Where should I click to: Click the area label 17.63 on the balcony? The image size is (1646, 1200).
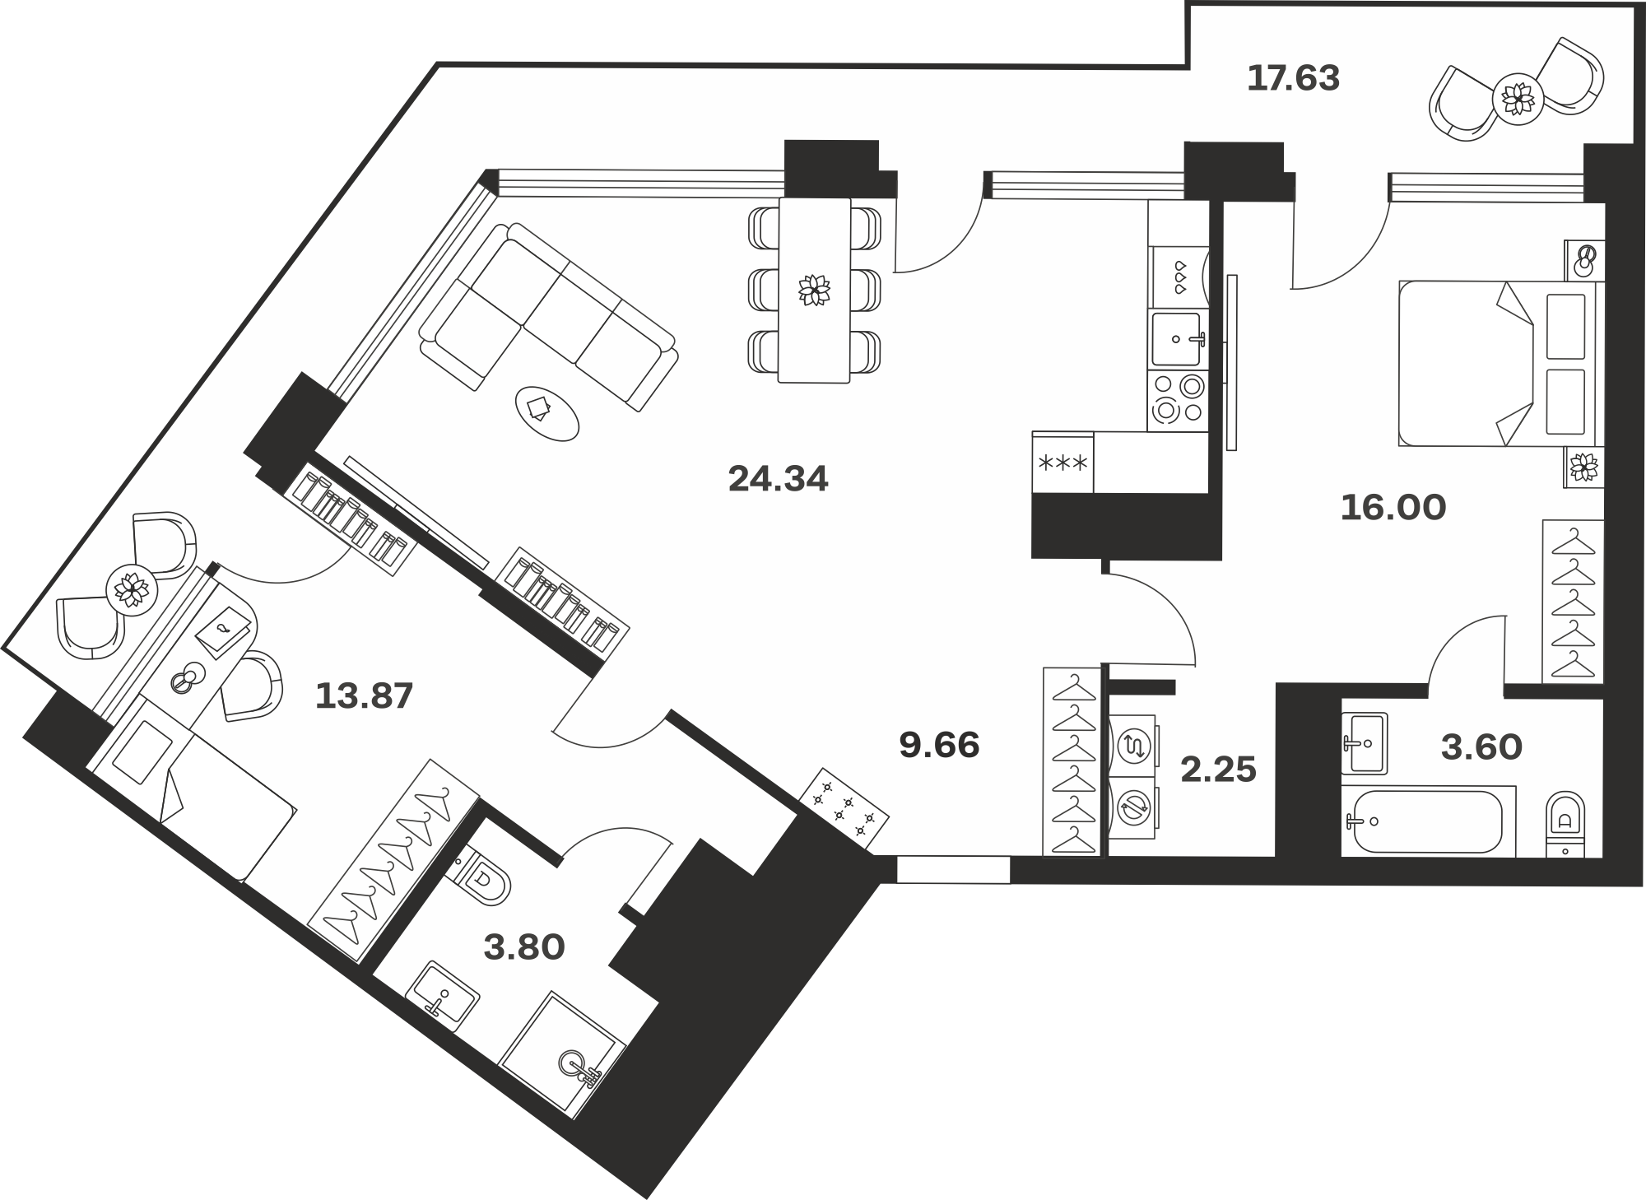coord(1294,78)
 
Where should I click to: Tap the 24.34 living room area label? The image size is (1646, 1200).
coord(778,478)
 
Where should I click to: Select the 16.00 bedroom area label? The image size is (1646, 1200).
coord(1393,507)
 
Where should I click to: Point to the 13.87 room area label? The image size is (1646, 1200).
coord(364,696)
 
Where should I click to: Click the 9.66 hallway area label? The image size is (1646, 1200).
coord(939,746)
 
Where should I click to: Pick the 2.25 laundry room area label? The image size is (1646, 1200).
coord(1218,770)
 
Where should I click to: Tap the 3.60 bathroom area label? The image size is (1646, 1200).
coord(1481,747)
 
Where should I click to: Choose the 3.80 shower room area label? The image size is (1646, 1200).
coord(524,947)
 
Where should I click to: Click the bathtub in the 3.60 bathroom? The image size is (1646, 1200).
coord(1429,821)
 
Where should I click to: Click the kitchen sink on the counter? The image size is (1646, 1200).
coord(1178,339)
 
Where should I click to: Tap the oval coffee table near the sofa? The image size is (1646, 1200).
coord(547,413)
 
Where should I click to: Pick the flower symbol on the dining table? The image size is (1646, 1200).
coord(815,290)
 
